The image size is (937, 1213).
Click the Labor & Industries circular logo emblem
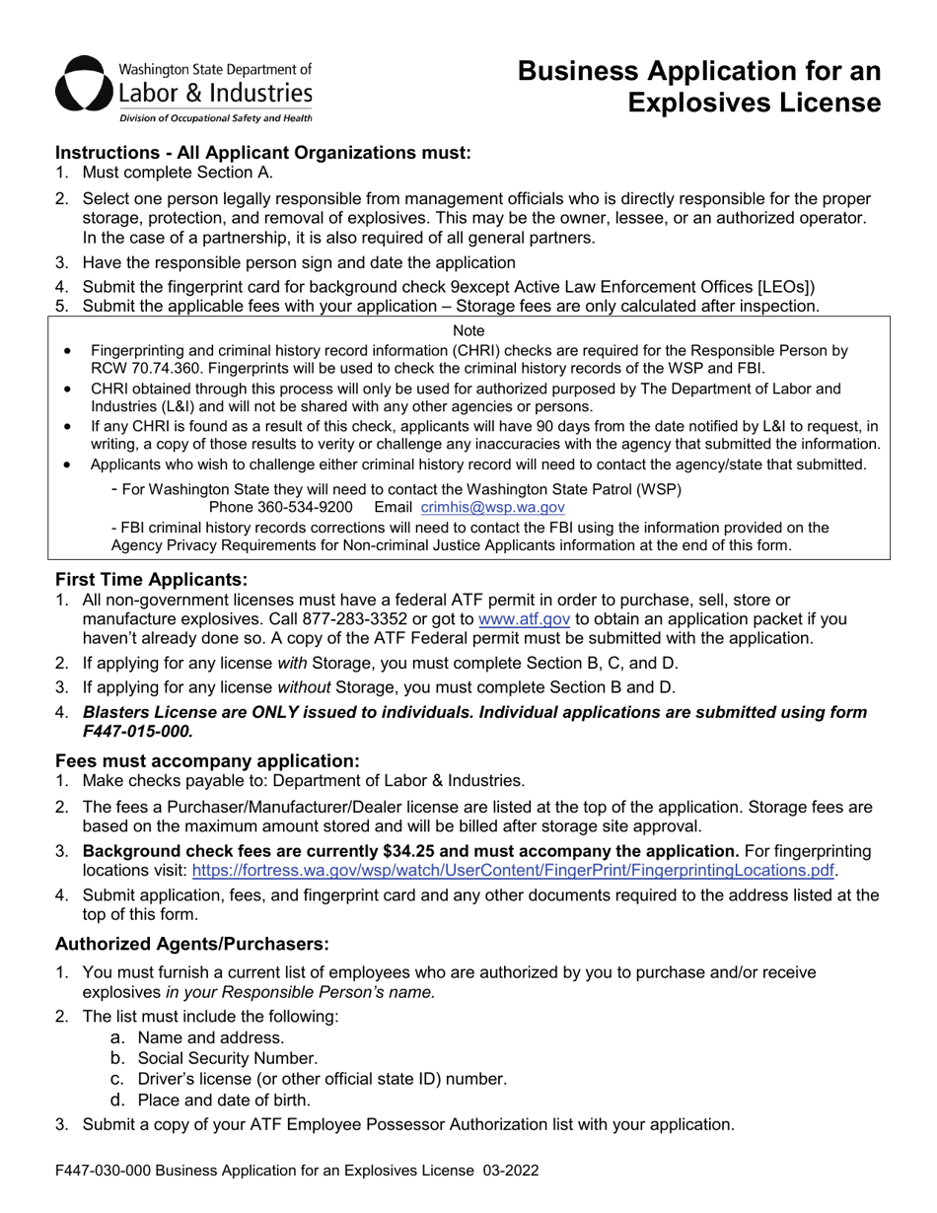pyautogui.click(x=83, y=88)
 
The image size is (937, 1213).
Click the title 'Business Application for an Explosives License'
pyautogui.click(x=699, y=87)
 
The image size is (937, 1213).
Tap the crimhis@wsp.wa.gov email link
pyautogui.click(x=492, y=507)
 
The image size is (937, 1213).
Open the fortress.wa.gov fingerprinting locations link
pyautogui.click(x=513, y=870)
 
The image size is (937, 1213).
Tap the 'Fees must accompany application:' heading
pyautogui.click(x=207, y=760)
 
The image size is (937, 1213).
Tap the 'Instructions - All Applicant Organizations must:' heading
pyautogui.click(x=263, y=153)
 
